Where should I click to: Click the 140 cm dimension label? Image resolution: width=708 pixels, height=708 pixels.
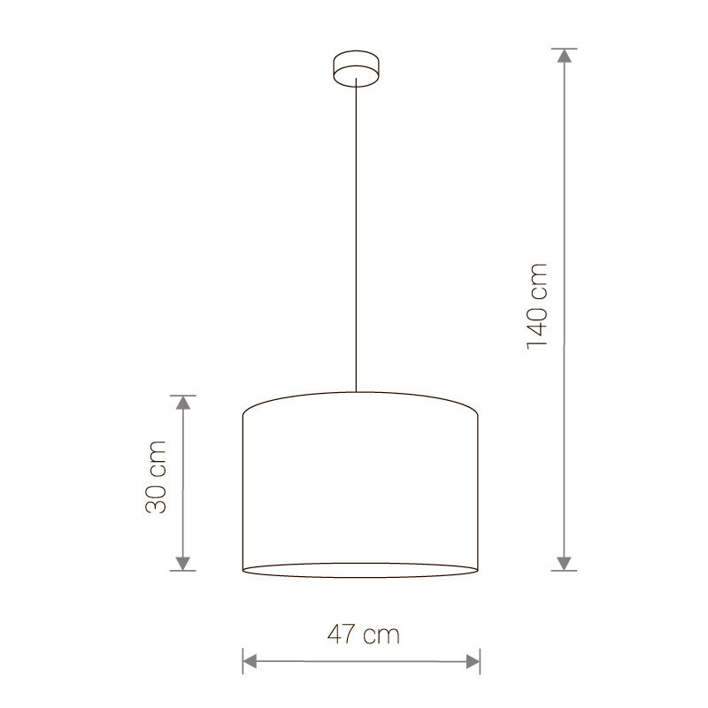click(x=537, y=306)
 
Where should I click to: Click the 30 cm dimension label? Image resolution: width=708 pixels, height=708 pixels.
click(x=157, y=477)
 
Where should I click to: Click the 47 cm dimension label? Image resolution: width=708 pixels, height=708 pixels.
click(x=364, y=635)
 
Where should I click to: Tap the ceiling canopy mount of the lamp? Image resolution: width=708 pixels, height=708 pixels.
click(x=357, y=68)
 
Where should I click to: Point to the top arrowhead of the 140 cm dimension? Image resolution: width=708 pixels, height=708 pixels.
click(x=564, y=55)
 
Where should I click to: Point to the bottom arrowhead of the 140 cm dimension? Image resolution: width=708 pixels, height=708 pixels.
click(x=564, y=564)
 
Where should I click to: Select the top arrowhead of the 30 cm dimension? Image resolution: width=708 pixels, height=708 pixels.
click(x=183, y=403)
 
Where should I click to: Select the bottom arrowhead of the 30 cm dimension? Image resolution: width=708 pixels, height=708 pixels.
click(x=183, y=564)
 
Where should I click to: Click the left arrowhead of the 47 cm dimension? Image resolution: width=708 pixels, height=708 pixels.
click(x=250, y=661)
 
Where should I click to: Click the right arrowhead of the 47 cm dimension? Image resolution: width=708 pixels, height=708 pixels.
click(x=473, y=662)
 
